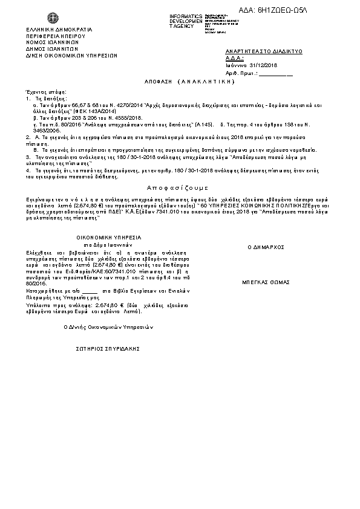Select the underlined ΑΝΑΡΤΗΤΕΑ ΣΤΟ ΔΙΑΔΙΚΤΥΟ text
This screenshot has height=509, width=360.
(264, 52)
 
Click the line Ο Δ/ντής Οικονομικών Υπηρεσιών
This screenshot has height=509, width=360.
(109, 326)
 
